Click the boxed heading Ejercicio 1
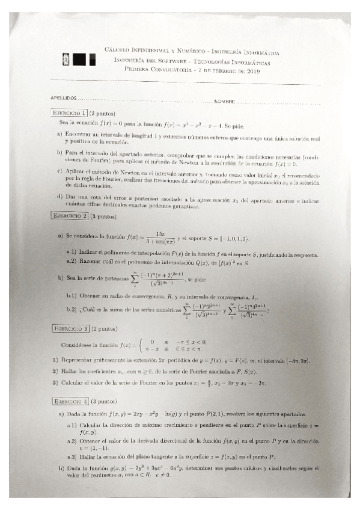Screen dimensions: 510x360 pos(69,112)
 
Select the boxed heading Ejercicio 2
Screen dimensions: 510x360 pos(69,215)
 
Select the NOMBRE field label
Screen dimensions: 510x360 pos(224,100)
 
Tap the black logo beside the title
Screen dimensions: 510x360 pos(79,60)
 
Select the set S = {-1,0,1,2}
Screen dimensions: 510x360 pos(243,236)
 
